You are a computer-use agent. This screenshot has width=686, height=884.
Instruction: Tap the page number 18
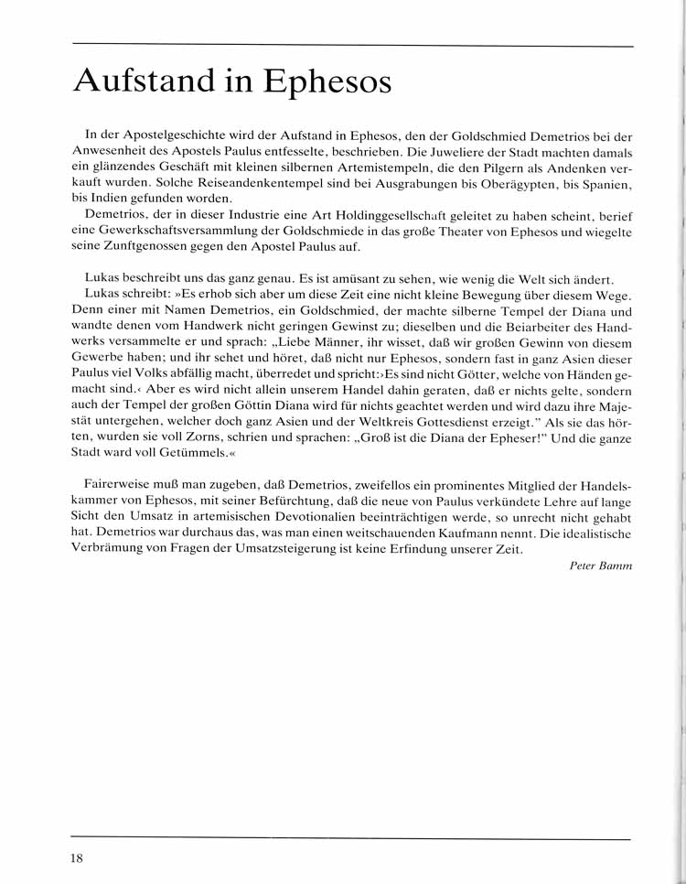point(77,857)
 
